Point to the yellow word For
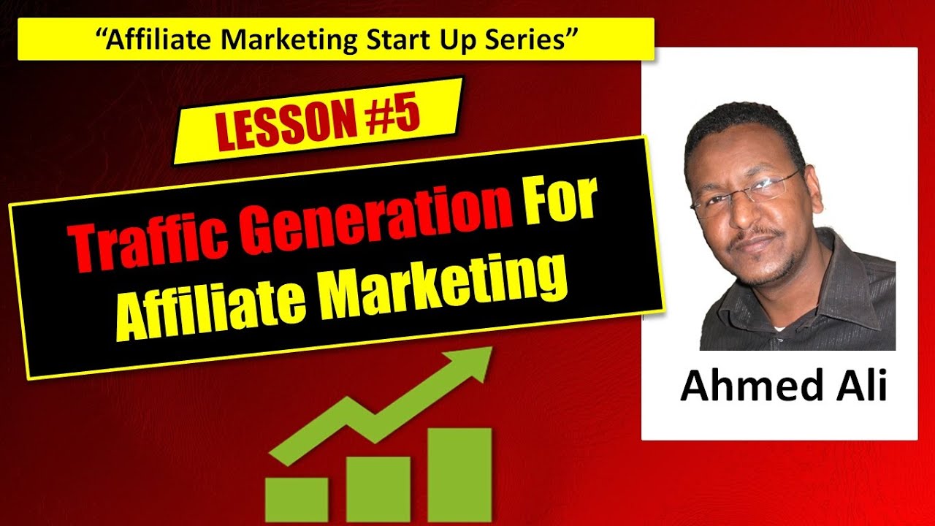560,201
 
